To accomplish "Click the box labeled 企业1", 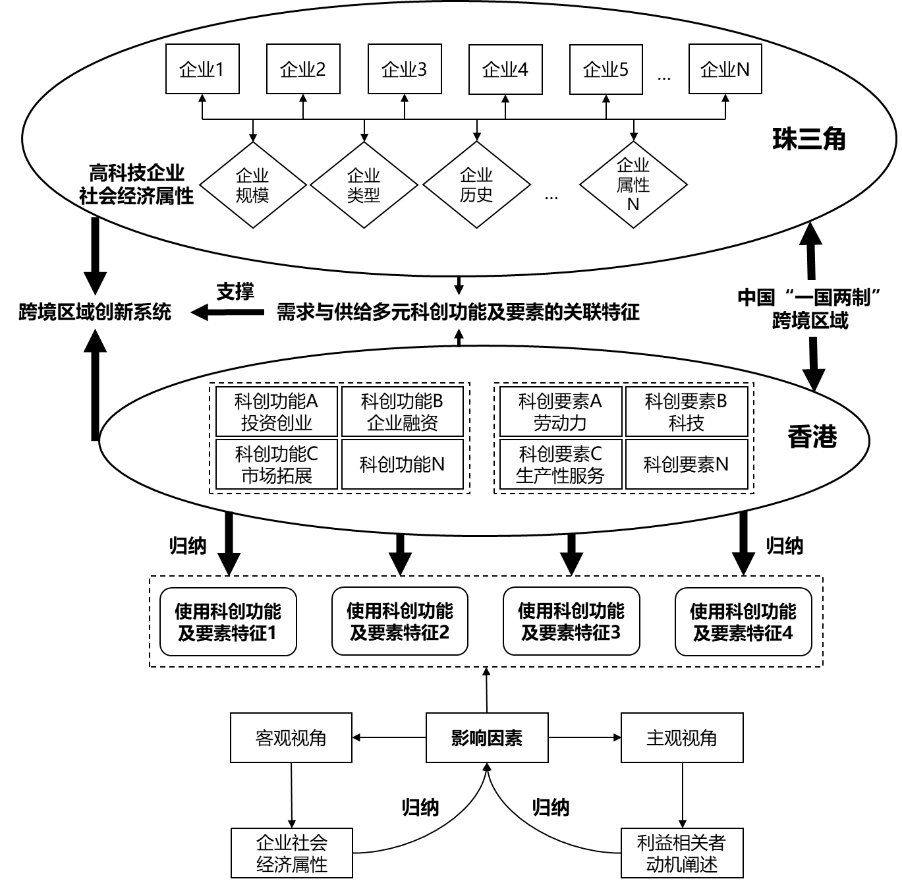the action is point(202,69).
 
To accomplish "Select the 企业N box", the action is point(725,69).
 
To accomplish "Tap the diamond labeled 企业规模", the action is point(253,185).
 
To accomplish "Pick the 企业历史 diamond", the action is point(476,185).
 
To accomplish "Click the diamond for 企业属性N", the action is point(633,185).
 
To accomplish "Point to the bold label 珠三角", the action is point(809,139).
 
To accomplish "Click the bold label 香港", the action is point(812,437).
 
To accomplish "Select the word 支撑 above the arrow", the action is point(235,292).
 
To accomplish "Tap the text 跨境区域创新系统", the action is point(95,312).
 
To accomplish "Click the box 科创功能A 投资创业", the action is point(276,412).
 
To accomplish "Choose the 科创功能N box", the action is point(402,464).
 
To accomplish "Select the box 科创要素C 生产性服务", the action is point(560,464).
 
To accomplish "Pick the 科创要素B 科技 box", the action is point(686,412).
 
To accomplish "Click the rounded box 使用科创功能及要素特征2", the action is point(400,621).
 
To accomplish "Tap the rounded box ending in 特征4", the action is point(743,621).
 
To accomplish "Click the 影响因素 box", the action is point(487,738).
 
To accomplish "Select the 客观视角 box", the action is point(291,738).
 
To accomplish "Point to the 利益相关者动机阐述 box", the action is point(682,853).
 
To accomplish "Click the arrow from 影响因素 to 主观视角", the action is point(584,738).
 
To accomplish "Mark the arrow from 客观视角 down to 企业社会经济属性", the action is point(291,795).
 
